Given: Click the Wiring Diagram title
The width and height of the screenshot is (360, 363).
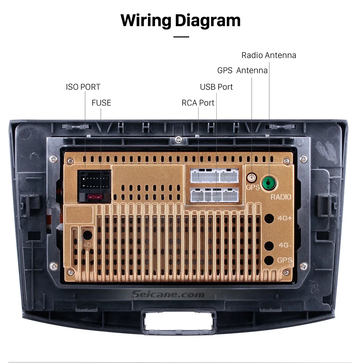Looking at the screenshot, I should tap(180, 20).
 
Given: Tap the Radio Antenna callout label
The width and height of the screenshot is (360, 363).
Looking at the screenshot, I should tap(269, 55).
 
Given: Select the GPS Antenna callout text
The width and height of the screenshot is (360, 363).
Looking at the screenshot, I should tap(242, 71).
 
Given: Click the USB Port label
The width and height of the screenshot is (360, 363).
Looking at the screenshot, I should tap(216, 87).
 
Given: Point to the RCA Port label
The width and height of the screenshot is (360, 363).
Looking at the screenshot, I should tap(198, 103).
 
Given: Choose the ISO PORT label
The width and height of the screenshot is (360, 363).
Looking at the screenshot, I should tap(83, 87).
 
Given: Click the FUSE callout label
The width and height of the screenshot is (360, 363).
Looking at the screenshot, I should tap(101, 103).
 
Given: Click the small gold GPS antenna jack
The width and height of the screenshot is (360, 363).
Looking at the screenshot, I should tap(252, 179).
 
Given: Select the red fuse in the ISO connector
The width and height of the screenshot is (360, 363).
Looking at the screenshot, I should tap(94, 197).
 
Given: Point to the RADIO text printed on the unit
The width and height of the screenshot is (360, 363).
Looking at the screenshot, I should tap(281, 197).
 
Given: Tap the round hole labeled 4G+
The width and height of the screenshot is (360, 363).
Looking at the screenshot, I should tap(269, 218).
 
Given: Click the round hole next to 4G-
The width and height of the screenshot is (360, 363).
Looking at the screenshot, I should tap(269, 245).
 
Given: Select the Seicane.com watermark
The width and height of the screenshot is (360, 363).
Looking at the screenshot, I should tap(168, 294).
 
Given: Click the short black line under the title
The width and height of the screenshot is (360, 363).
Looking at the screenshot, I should tap(181, 37).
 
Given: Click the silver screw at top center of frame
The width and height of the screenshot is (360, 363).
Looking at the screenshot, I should tap(179, 139).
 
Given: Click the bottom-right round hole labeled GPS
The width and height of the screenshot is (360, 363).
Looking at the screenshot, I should tap(269, 260).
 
